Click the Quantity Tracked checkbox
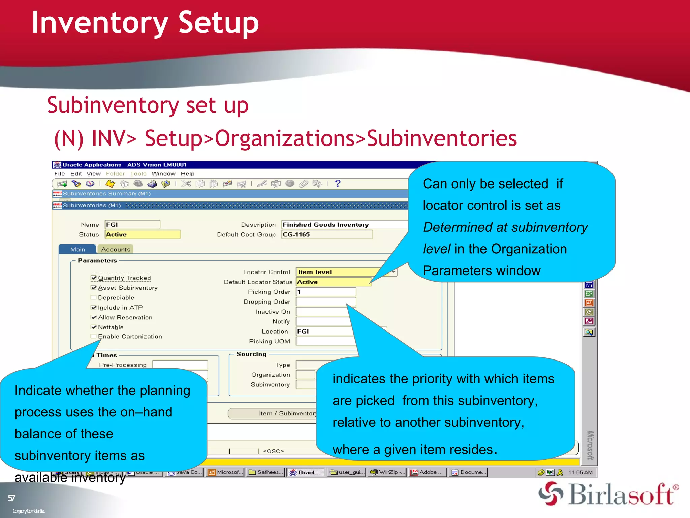(94, 278)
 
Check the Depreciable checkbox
(94, 297)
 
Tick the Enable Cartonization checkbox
(94, 336)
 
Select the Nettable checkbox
(94, 327)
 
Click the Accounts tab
(116, 249)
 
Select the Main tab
(77, 249)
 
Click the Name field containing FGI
(132, 225)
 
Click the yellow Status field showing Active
(143, 234)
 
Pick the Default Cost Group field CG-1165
(327, 234)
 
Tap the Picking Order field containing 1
(326, 292)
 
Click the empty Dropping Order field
(326, 301)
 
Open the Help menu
(187, 174)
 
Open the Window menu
(163, 174)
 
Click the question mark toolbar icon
(338, 183)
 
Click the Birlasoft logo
(608, 494)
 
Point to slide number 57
(12, 498)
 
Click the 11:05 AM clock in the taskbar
(580, 472)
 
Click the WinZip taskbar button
(387, 472)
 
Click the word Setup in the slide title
(218, 23)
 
